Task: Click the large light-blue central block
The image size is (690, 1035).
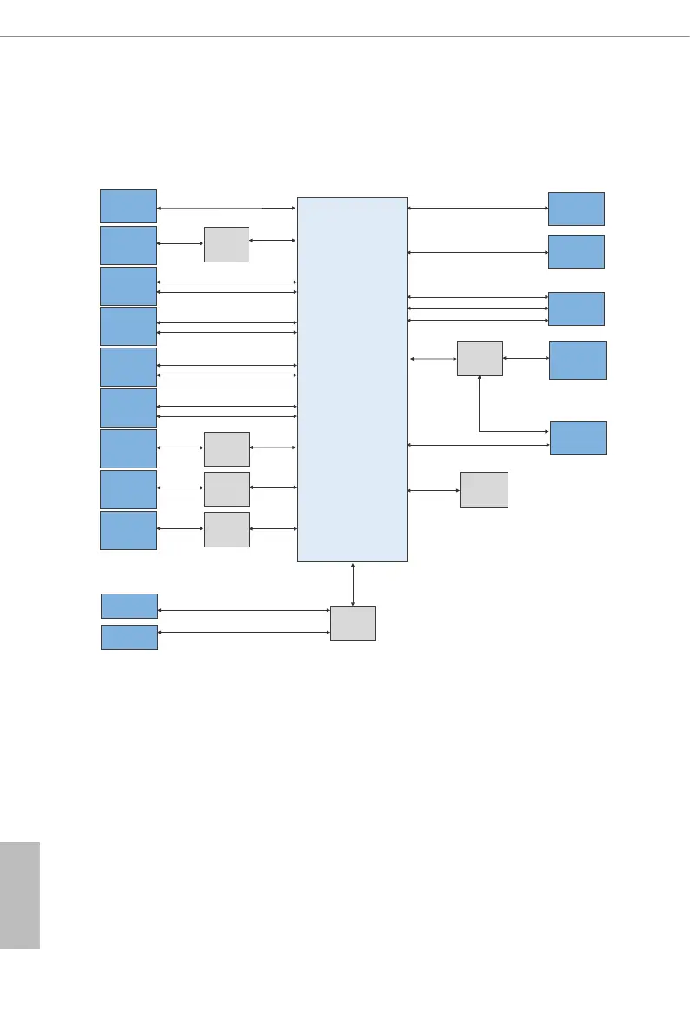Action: (x=352, y=379)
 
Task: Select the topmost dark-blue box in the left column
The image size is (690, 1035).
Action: (x=129, y=205)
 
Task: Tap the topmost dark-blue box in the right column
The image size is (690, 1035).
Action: (x=576, y=209)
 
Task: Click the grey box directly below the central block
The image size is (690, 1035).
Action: (x=353, y=623)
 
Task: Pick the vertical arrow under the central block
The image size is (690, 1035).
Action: (x=353, y=584)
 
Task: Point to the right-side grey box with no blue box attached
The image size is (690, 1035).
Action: (x=483, y=490)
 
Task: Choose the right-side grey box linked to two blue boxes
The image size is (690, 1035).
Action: (x=480, y=358)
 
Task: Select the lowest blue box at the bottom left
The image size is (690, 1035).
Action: (x=129, y=637)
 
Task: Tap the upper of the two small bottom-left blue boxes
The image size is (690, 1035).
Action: (x=129, y=606)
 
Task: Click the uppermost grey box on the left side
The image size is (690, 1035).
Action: (x=227, y=244)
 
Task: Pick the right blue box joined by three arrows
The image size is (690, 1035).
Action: (x=576, y=309)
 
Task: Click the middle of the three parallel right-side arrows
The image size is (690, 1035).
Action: (x=477, y=309)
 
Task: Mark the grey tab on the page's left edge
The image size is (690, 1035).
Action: (x=20, y=894)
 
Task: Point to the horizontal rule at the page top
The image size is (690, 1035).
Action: (x=345, y=36)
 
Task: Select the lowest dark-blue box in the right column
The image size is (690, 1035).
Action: (x=578, y=438)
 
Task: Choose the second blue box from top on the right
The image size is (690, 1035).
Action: (x=576, y=251)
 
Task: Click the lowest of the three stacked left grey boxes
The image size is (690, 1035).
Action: (x=227, y=529)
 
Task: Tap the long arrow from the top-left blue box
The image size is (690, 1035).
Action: (x=227, y=209)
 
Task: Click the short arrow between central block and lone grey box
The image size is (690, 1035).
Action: (x=433, y=491)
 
